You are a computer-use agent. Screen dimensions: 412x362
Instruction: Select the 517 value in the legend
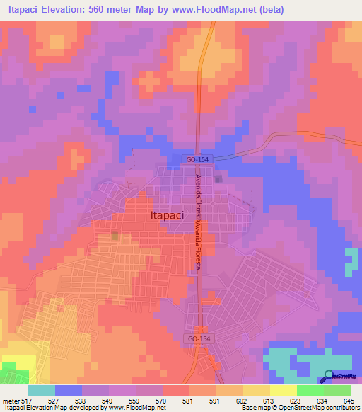click(x=27, y=401)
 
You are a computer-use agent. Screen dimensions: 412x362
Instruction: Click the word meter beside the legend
click(x=9, y=401)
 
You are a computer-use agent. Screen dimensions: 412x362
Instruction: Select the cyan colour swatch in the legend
click(x=41, y=390)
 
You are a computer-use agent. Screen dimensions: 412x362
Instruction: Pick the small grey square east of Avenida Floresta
click(x=218, y=178)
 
